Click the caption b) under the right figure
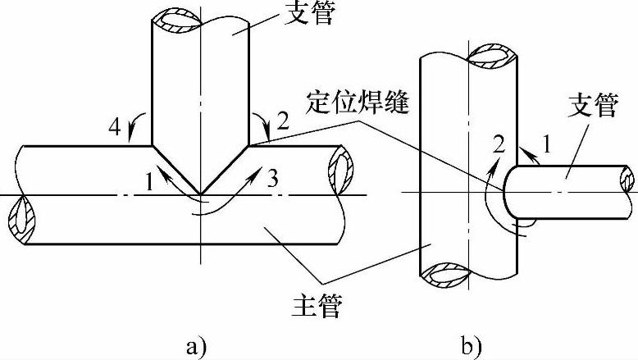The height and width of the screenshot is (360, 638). pyautogui.click(x=470, y=345)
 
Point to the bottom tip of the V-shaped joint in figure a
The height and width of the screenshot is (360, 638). pyautogui.click(x=199, y=194)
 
